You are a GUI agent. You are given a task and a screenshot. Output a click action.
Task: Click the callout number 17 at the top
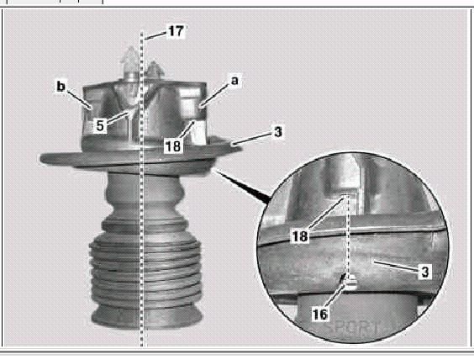point(176,31)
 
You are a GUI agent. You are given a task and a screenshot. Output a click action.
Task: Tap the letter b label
point(61,87)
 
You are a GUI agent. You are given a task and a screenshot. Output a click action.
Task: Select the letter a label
point(234,81)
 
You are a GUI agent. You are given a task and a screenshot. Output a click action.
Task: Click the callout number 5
point(100,125)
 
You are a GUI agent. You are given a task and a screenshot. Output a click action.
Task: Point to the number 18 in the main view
point(173,146)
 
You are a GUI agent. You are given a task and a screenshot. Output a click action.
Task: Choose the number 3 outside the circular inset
point(278,132)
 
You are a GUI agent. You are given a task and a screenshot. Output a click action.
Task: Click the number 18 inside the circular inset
point(300,236)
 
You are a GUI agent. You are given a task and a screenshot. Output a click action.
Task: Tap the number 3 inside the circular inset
point(425,272)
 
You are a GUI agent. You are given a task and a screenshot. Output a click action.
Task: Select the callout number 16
point(320,315)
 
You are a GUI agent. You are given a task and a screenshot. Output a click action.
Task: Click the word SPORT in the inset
point(353,328)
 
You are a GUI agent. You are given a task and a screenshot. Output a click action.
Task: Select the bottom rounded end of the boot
point(147,317)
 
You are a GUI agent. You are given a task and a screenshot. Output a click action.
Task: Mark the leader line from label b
point(79,99)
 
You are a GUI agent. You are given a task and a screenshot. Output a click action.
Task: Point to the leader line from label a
point(214,96)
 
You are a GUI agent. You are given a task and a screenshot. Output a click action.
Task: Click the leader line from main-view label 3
point(251,139)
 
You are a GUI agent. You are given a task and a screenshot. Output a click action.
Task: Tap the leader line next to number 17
point(155,35)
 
